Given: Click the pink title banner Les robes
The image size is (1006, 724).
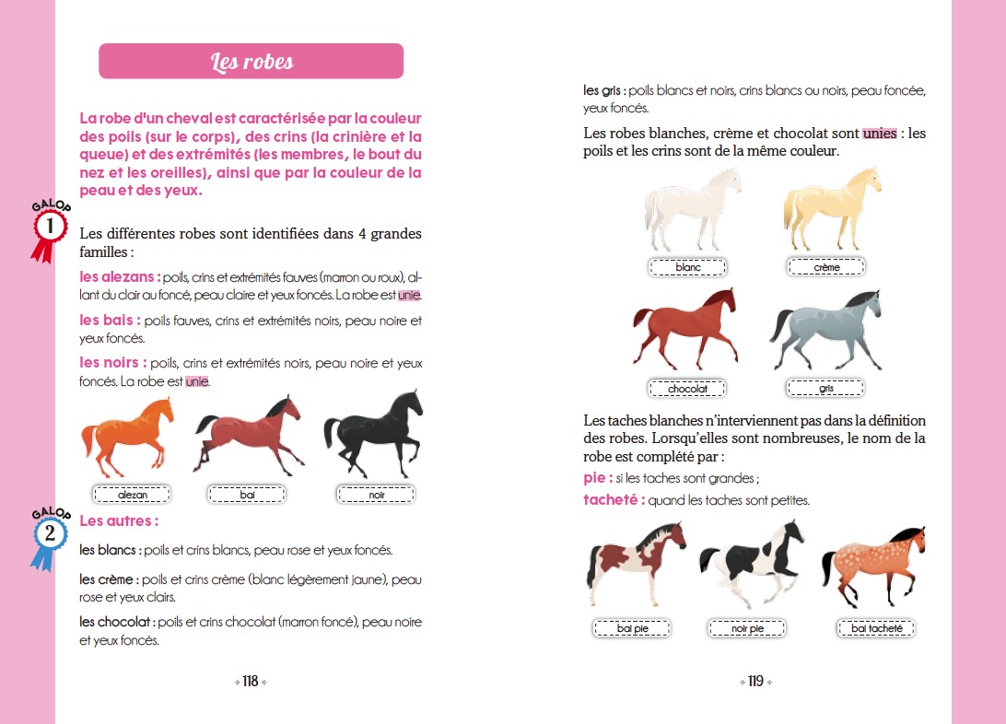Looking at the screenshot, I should point(251,62).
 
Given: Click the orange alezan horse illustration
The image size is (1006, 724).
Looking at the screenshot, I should point(128,433).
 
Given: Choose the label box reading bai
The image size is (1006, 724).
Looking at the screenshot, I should point(248,495).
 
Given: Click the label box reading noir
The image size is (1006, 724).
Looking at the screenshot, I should point(376,495).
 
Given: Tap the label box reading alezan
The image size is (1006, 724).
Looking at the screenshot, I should point(133,495).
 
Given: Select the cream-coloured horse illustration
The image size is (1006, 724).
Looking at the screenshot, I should point(830,211).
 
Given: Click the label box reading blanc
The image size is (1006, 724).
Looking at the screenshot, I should point(688,267).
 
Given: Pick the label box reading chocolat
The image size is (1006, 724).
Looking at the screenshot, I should point(688,389).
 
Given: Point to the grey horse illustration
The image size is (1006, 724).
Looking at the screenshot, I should point(826,331).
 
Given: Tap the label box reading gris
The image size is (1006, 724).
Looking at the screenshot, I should point(825,389).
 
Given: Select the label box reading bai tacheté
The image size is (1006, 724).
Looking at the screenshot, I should point(877,629).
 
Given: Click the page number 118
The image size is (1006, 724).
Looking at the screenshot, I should point(251,682).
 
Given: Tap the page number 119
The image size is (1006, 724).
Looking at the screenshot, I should point(755,682).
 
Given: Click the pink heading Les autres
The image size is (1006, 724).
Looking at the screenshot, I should point(120,521).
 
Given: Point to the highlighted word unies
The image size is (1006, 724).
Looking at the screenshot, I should point(880,133).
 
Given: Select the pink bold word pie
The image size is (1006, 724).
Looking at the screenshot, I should point(596,478).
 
